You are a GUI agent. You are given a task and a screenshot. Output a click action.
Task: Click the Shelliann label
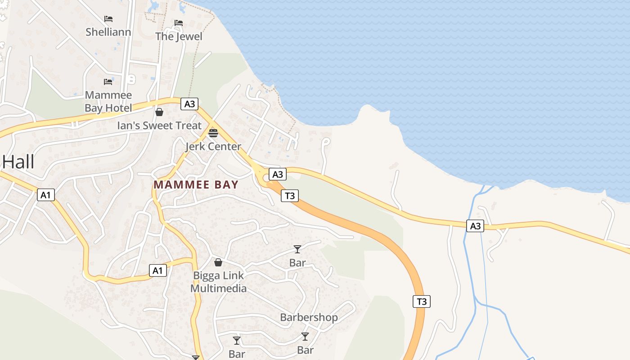[108, 32]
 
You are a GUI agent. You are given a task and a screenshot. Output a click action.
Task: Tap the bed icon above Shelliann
[108, 19]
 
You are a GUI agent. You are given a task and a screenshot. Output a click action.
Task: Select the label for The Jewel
[179, 36]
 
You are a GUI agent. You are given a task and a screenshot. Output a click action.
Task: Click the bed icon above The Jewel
[179, 22]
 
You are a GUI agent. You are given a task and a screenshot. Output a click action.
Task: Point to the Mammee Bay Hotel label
[108, 102]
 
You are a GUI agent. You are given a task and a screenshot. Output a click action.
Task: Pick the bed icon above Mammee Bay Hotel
[108, 82]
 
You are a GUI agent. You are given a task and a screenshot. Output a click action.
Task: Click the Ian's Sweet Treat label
[159, 126]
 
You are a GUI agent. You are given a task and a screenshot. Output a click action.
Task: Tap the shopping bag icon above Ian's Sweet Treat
[159, 112]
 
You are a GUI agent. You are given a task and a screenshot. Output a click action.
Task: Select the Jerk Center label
[213, 147]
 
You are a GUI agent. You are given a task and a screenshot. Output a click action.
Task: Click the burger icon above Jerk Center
[213, 133]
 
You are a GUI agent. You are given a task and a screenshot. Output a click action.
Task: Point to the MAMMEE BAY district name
[196, 184]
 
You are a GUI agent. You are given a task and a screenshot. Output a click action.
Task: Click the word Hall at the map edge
[18, 162]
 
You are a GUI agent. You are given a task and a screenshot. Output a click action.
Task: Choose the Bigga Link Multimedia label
[219, 282]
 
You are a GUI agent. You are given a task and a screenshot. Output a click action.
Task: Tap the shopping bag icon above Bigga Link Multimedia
[218, 262]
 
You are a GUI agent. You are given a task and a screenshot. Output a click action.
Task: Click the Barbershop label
[309, 317]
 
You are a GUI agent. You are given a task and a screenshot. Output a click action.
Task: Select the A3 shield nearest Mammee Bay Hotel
[189, 104]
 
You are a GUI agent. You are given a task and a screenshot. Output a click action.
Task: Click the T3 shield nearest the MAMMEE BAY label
[290, 196]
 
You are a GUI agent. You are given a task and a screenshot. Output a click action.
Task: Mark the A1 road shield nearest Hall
[45, 195]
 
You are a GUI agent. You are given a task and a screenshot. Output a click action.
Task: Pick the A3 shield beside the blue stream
[475, 226]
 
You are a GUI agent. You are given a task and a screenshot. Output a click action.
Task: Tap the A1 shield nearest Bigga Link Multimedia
[157, 270]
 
